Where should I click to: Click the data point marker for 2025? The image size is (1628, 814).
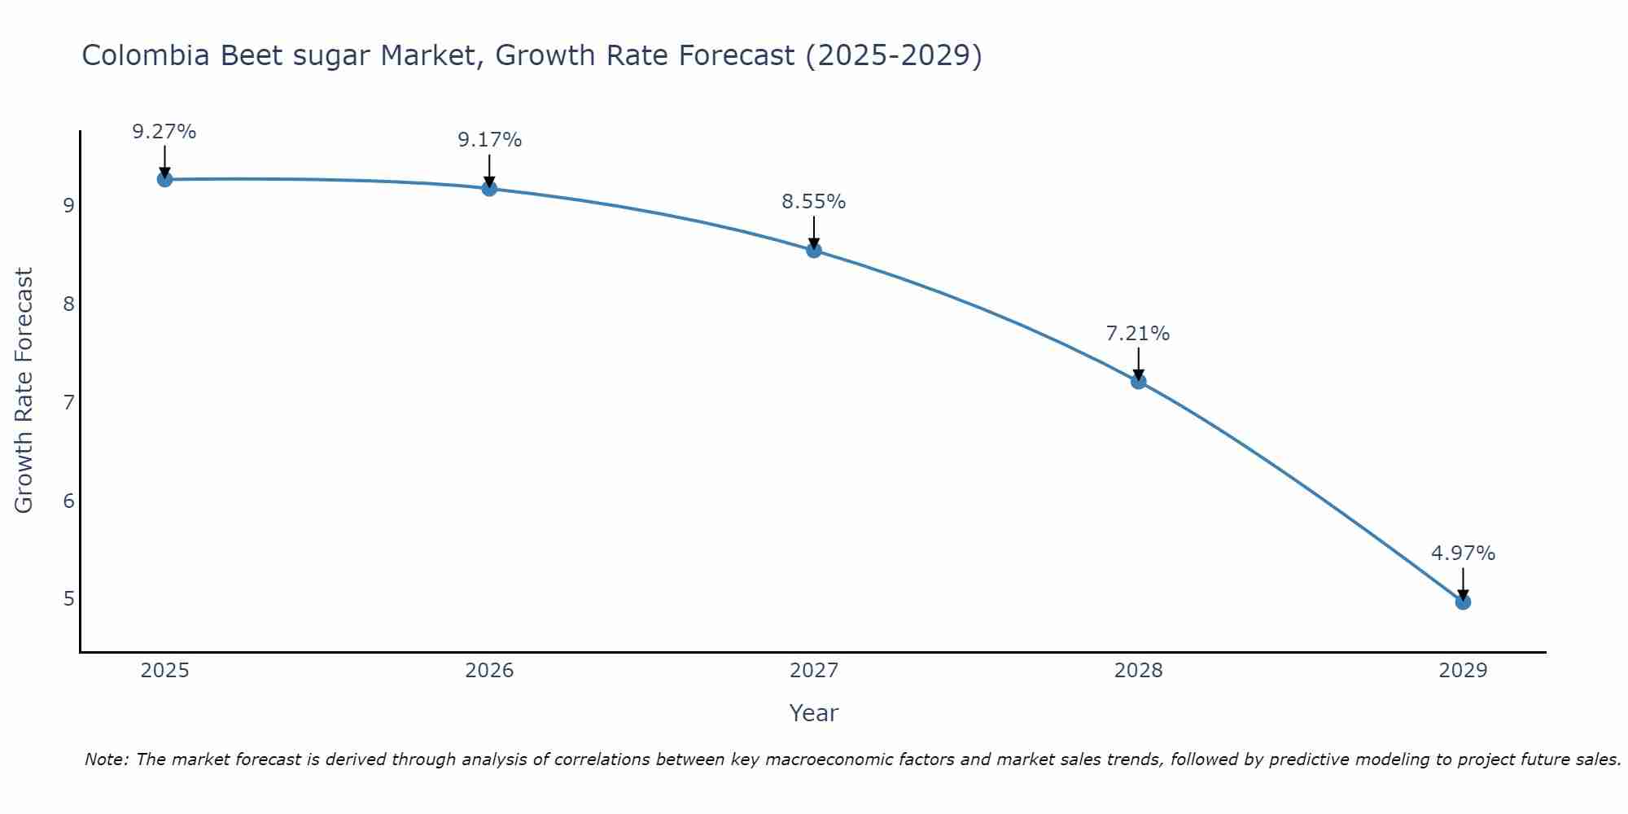coord(164,179)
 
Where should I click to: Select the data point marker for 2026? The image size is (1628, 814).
coord(489,189)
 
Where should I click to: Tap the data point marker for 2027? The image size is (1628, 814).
coord(814,250)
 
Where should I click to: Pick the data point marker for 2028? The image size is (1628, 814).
coord(1138,381)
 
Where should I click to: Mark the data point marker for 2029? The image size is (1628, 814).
coord(1463,602)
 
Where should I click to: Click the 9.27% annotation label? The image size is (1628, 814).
coord(164,132)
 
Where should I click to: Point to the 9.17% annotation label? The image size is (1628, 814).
coord(489,140)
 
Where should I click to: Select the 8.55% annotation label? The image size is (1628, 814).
coord(814,202)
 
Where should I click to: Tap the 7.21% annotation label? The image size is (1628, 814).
coord(1138,334)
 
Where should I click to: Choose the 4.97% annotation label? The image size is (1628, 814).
coord(1463,554)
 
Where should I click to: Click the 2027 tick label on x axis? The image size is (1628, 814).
coord(814,671)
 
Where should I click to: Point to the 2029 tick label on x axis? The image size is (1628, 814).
coord(1463,671)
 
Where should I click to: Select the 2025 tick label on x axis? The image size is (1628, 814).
coord(164,671)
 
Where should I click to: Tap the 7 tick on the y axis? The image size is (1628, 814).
coord(69,402)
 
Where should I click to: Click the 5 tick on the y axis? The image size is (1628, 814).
coord(69,599)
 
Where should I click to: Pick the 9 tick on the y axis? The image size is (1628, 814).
coord(69,205)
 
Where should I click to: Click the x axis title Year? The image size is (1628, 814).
coord(814,713)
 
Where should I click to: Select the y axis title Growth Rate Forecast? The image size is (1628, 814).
coord(24,391)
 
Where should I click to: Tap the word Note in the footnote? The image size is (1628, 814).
coord(106,759)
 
